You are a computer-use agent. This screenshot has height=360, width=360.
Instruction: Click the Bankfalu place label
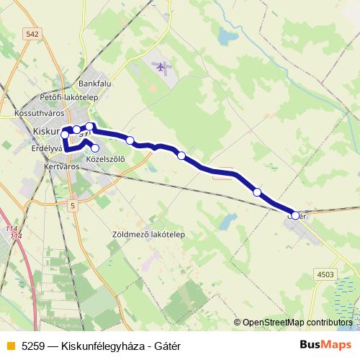point(94,83)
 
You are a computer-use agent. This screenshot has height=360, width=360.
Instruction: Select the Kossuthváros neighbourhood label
point(37,114)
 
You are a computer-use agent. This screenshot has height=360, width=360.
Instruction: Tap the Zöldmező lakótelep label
point(149,235)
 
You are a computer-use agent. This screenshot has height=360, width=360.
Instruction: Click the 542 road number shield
point(31,33)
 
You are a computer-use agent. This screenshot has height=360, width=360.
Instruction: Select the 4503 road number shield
point(325,274)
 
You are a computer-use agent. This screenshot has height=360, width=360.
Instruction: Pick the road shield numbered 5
point(73,205)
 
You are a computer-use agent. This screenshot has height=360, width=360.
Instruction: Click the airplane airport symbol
point(161,67)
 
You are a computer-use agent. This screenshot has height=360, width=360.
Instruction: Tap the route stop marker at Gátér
point(295,215)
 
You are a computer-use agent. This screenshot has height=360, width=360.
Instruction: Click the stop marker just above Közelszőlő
point(95,148)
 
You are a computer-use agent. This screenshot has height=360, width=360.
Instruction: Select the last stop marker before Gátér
point(257,192)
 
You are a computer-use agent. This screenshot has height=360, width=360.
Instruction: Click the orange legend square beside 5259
point(10,346)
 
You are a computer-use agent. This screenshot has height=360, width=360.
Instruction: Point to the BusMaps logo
point(325,345)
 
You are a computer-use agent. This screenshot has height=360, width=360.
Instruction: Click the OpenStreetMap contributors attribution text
point(297,323)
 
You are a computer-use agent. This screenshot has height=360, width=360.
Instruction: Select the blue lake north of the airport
point(228,35)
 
